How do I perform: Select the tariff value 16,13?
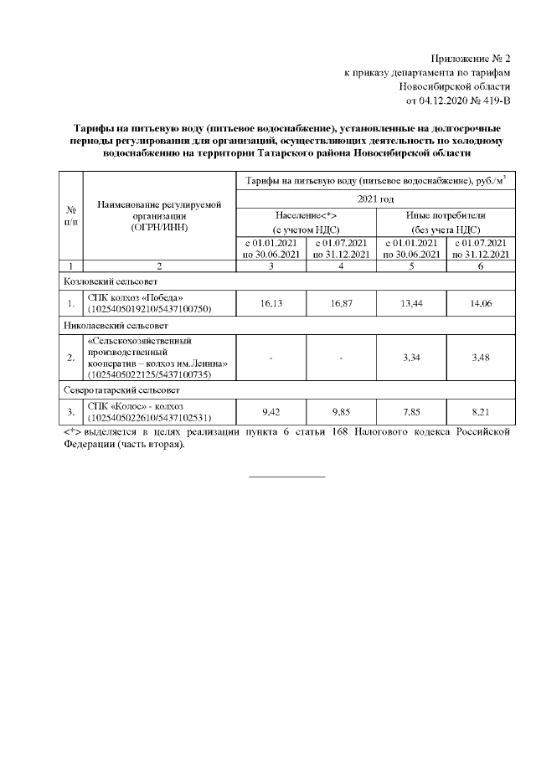pos(270,303)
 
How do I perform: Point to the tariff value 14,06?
pos(480,303)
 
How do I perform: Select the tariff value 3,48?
pos(480,358)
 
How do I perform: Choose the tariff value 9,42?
pos(270,412)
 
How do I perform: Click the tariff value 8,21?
pos(480,412)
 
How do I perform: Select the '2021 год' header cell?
pos(375,199)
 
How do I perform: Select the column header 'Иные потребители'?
pos(446,215)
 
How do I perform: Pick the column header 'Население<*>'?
pos(305,215)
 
